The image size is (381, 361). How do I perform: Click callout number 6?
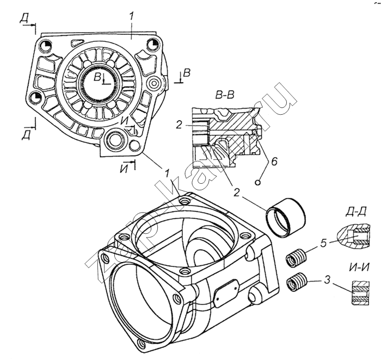tap(274, 161)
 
